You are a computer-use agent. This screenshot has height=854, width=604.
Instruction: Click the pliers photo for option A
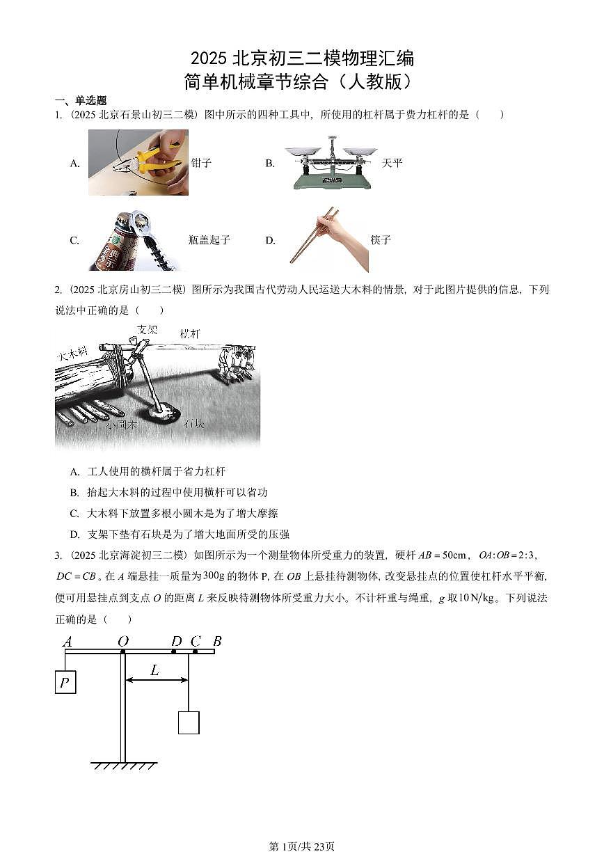tap(138, 162)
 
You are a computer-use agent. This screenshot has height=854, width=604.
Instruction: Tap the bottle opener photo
tap(134, 240)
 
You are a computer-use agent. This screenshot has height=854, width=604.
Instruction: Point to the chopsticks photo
tap(328, 239)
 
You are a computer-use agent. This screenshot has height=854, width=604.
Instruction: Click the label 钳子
tap(201, 163)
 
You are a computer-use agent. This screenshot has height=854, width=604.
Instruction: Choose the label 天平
tap(392, 163)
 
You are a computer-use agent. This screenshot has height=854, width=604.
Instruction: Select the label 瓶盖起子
tap(209, 240)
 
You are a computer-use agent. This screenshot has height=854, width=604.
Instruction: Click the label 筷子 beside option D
tap(381, 240)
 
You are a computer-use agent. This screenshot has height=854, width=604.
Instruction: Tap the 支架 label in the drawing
tap(147, 329)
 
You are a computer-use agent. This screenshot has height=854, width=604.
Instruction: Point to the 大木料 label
tap(72, 355)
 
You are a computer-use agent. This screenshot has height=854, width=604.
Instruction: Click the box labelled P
tap(65, 682)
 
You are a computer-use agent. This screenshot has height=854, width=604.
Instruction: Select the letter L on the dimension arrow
tap(154, 670)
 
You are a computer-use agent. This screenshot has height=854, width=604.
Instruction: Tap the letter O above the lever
tap(122, 641)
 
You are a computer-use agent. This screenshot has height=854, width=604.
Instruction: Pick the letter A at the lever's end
tap(67, 642)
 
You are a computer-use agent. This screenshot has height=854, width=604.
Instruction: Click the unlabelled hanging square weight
tap(189, 722)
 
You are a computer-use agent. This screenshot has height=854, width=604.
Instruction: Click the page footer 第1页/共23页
tap(301, 846)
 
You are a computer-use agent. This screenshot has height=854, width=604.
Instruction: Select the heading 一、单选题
tap(81, 101)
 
